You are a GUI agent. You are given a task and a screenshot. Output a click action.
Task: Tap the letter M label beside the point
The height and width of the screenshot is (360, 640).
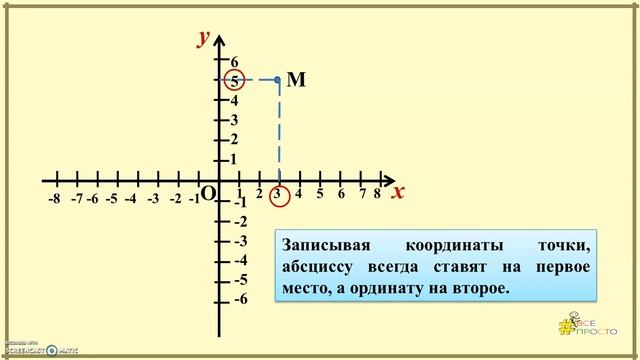tap(295, 80)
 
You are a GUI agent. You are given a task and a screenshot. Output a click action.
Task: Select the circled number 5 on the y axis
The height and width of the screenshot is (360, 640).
tap(234, 81)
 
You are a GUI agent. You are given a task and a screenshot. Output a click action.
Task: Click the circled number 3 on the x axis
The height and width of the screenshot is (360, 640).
tap(278, 194)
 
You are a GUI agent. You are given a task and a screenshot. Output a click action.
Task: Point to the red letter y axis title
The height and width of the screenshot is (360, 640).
tap(203, 38)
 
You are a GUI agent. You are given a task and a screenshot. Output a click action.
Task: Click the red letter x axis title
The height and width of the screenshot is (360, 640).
tap(397, 192)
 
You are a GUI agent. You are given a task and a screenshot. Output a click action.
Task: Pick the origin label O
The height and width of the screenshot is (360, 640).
tap(208, 194)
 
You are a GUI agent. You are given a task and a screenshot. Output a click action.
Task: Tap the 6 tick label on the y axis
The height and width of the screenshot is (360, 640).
tap(235, 62)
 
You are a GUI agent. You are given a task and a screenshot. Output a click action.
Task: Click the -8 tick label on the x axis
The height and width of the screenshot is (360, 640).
tap(54, 199)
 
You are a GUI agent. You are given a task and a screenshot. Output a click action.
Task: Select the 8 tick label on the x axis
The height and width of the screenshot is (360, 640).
tap(377, 194)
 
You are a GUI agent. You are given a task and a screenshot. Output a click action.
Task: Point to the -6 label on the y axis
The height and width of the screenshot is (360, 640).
tap(240, 299)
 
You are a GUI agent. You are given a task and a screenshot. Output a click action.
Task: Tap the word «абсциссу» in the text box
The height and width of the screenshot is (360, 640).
tap(320, 268)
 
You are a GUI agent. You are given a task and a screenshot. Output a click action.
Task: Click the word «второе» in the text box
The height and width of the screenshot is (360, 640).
tap(480, 289)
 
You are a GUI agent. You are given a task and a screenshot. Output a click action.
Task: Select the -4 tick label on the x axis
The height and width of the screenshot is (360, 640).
tap(130, 199)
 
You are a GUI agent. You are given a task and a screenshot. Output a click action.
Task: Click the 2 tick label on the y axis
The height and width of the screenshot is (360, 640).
tap(235, 139)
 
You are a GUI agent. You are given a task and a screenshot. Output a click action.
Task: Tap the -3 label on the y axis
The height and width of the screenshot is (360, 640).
tap(240, 241)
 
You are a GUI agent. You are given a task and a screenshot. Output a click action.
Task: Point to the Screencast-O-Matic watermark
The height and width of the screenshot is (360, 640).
tap(40, 349)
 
